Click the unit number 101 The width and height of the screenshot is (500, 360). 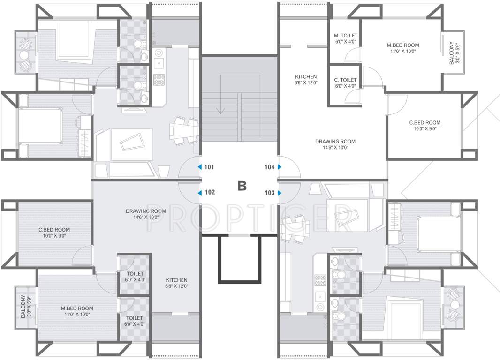pos(209,167)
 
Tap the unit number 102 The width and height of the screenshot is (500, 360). pos(210,192)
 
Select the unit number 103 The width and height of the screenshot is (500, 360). pos(270,192)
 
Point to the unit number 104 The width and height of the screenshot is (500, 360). pos(270,167)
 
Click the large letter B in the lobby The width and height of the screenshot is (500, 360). pos(242,186)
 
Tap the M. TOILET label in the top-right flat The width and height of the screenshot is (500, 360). pos(346,36)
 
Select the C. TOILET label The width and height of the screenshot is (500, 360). pos(346,80)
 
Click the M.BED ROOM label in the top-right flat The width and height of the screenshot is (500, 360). pos(403,45)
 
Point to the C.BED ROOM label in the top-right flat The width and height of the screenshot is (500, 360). pos(424,123)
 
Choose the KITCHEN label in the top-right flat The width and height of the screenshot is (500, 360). pos(306,77)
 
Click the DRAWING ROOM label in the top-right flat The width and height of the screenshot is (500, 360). pos(335,141)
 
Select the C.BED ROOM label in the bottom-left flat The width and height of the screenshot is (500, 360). pos(54,230)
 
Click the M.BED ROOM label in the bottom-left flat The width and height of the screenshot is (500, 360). pos(77,308)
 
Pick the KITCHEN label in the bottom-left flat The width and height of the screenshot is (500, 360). pos(176,280)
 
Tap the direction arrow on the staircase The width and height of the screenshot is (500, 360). pos(220,111)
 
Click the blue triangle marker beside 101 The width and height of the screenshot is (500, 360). pos(199,167)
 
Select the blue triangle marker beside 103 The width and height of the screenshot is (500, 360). pos(280,193)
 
